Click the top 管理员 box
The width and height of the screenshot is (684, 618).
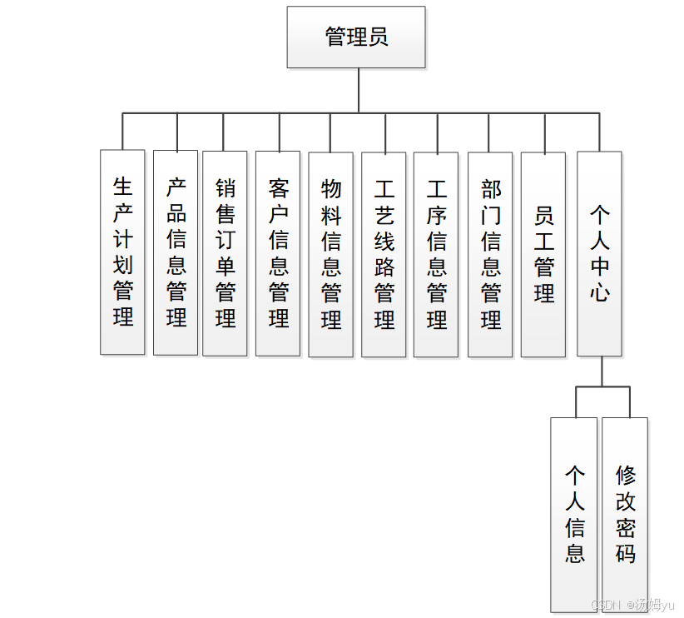356,37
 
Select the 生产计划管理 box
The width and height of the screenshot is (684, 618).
122,252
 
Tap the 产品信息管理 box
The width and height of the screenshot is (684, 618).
176,252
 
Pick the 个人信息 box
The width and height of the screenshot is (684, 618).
574,515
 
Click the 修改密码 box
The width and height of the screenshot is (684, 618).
625,515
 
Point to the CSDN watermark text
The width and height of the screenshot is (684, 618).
604,605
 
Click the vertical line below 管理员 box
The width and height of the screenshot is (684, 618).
359,90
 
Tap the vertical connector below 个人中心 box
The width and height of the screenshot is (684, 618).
602,371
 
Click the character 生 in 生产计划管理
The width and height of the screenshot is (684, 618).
122,186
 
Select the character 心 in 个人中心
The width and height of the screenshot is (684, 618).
599,292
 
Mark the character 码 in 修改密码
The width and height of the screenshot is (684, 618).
625,553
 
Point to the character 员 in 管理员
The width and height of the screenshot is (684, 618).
378,37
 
